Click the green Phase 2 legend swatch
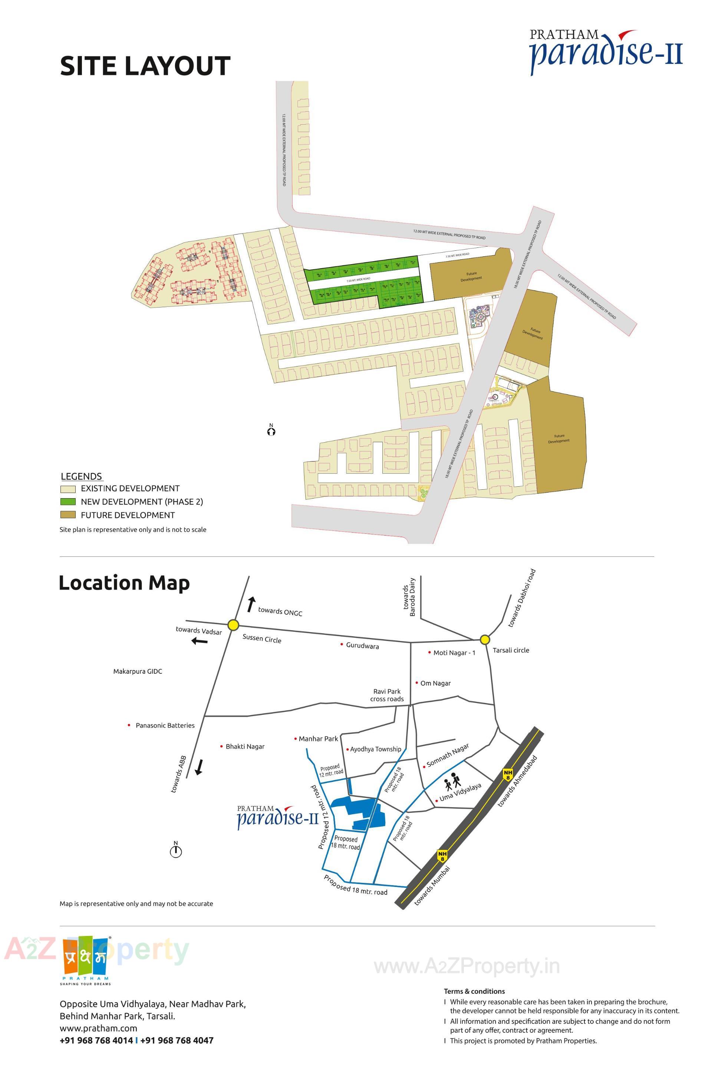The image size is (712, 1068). [67, 502]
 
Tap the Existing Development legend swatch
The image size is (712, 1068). [67, 489]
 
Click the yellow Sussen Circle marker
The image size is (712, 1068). [233, 625]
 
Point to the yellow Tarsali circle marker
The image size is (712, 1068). [485, 640]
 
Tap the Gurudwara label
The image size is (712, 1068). [362, 645]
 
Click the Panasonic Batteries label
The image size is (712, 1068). [165, 726]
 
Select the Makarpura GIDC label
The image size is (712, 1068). [138, 671]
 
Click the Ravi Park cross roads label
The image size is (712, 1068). [387, 696]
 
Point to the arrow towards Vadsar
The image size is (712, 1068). [200, 641]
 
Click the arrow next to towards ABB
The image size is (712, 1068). [198, 767]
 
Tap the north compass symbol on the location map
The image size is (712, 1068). [176, 850]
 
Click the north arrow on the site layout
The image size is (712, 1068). [271, 430]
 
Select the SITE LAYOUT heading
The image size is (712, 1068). [145, 66]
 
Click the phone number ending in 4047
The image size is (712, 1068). [177, 1040]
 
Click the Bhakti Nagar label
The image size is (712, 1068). [245, 746]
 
